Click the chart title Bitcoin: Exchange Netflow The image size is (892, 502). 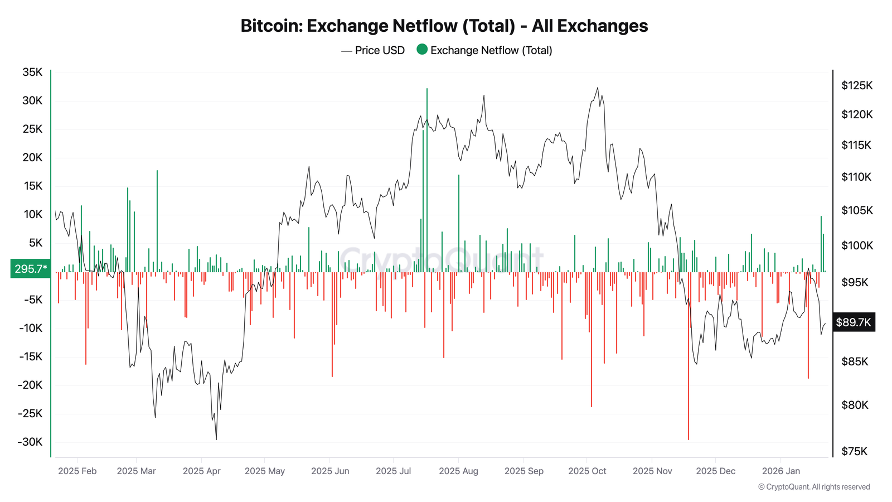pos(444,26)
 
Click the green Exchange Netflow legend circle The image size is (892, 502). pos(422,50)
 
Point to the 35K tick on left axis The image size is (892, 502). pos(32,72)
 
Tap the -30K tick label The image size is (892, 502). pos(30,442)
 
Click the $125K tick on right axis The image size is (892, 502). pos(856,85)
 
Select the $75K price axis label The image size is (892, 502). pos(854,451)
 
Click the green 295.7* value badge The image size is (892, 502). pos(30,269)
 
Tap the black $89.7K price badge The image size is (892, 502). pos(853,322)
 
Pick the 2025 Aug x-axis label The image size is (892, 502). pos(458,471)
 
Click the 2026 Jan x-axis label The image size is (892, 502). pos(780,471)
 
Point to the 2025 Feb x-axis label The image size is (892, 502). pos(77,471)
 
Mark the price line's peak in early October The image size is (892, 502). pos(598,88)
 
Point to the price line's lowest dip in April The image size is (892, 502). pos(216,439)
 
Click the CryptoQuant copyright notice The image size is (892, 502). pos(813,487)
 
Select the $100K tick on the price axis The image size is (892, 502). pos(856,245)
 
